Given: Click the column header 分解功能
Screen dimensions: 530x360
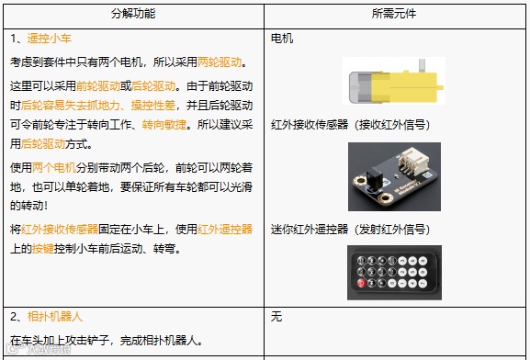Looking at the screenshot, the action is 133,14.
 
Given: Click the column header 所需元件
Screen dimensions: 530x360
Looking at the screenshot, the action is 394,14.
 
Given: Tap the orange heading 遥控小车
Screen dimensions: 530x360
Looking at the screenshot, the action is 49,39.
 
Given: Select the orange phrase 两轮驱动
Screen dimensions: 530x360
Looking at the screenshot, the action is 220,62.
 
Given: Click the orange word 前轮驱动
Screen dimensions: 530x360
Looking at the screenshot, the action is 98,86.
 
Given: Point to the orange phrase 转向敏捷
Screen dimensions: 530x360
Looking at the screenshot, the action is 164,125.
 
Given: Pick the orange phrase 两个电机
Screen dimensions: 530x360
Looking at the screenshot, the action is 54,168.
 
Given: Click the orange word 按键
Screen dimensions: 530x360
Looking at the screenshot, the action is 43,249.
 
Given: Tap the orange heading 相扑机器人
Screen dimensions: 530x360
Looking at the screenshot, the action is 54,317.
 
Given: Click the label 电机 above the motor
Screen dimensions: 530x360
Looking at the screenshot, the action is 282,39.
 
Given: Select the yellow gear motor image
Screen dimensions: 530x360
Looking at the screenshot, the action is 394,81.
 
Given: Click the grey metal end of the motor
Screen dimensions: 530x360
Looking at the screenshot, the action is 360,87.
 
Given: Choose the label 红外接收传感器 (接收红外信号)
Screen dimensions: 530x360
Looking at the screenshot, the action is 351,125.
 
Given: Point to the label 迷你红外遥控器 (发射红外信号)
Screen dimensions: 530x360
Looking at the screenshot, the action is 351,230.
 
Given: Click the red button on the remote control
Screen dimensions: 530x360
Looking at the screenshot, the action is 361,283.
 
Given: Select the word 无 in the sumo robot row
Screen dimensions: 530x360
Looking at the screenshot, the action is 276,317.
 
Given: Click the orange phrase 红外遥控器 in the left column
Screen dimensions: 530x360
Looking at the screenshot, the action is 225,230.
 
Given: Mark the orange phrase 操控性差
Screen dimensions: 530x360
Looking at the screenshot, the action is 153,106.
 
